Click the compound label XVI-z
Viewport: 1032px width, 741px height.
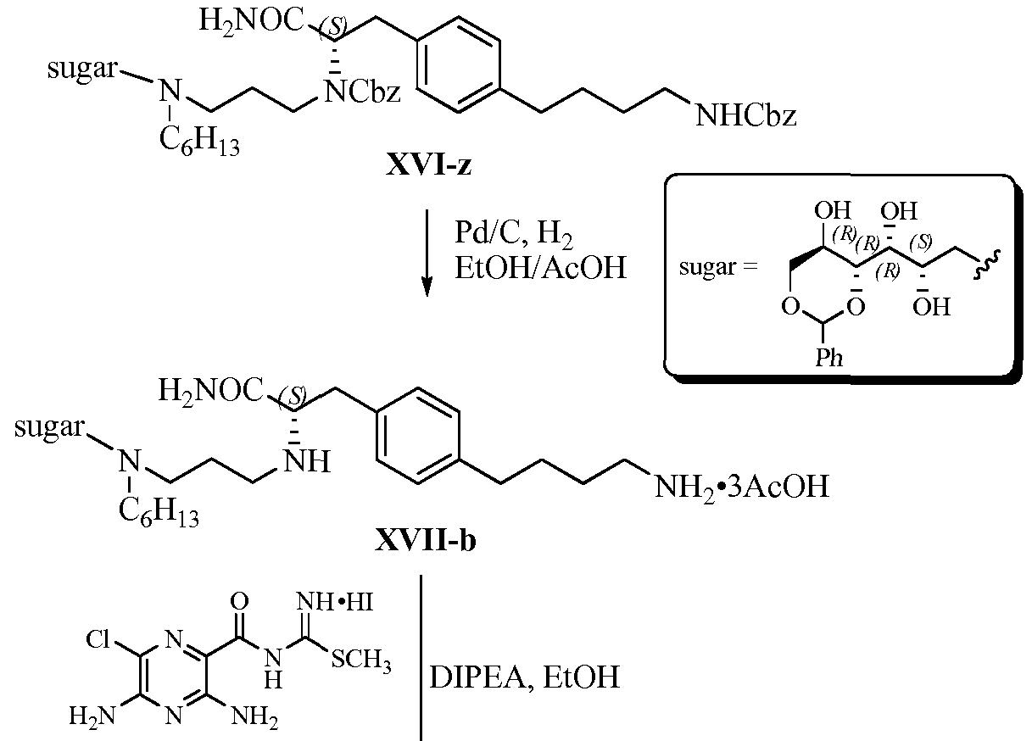pos(428,166)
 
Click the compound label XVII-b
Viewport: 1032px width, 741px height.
pos(425,540)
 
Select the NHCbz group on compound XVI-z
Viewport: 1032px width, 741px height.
pos(745,114)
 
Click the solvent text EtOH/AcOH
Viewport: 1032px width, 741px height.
pos(541,268)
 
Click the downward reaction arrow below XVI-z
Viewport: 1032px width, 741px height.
pos(425,254)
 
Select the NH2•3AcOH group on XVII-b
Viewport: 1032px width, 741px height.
pos(737,487)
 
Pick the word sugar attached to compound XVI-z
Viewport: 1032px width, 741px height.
pos(80,68)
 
